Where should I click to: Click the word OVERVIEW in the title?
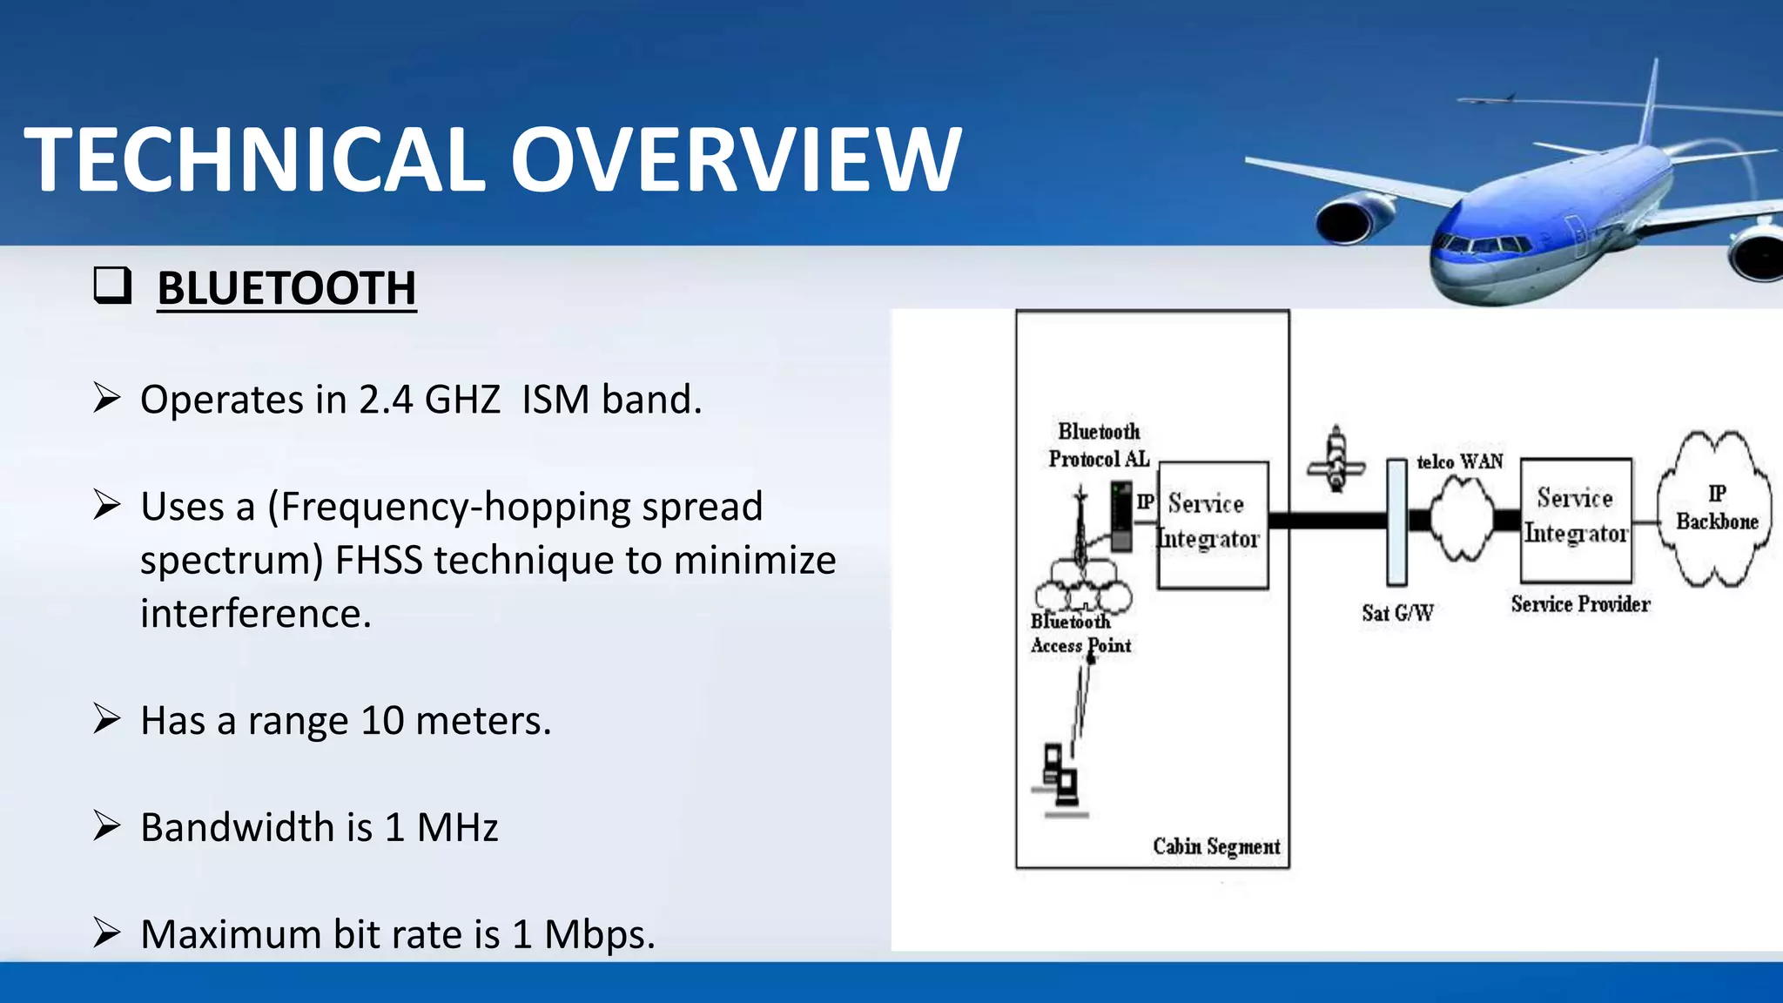click(x=736, y=159)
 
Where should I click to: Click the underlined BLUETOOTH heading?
click(x=286, y=288)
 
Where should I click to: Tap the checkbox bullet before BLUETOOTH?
click(x=112, y=286)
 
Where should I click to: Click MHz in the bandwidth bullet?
click(x=457, y=827)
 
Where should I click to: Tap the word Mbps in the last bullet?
click(x=598, y=934)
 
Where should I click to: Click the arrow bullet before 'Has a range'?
click(x=107, y=718)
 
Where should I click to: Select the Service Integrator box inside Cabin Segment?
click(x=1212, y=524)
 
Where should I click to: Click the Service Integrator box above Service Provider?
click(x=1575, y=520)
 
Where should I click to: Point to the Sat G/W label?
click(x=1397, y=613)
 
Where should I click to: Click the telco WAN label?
click(x=1459, y=461)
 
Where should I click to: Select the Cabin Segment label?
click(x=1215, y=846)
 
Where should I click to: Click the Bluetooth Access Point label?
click(x=1080, y=633)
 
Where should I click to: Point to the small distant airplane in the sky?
click(x=1487, y=100)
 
